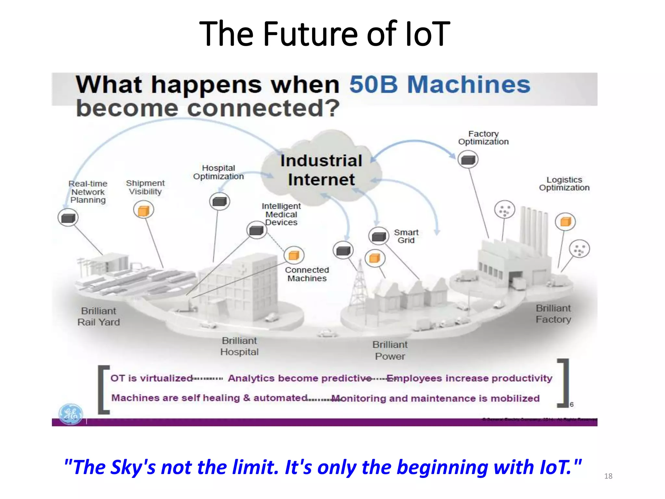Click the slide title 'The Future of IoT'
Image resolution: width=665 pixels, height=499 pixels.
325,33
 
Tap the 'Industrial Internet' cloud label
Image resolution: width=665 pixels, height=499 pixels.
321,170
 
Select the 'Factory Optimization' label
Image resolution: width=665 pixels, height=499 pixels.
483,138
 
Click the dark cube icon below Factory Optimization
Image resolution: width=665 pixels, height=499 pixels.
468,160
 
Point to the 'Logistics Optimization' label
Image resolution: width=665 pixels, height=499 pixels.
564,184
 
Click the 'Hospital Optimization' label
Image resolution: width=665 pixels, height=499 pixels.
218,172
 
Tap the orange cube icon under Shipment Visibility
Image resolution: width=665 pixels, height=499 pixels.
144,210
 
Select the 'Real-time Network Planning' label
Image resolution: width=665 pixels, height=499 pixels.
88,192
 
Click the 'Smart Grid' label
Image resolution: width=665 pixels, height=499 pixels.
406,236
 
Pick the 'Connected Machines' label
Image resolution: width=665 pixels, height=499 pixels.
307,274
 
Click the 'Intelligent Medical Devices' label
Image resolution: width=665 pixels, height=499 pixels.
281,214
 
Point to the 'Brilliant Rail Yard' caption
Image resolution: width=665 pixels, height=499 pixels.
98,316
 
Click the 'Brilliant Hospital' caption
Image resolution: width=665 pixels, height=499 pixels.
239,346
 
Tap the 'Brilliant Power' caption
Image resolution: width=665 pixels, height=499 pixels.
390,350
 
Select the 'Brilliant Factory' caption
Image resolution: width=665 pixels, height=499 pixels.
553,314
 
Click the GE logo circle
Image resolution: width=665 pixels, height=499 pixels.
70,414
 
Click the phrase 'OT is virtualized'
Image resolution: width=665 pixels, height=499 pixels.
151,378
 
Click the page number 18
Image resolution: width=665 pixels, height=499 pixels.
608,476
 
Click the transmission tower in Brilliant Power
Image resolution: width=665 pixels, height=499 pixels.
359,286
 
